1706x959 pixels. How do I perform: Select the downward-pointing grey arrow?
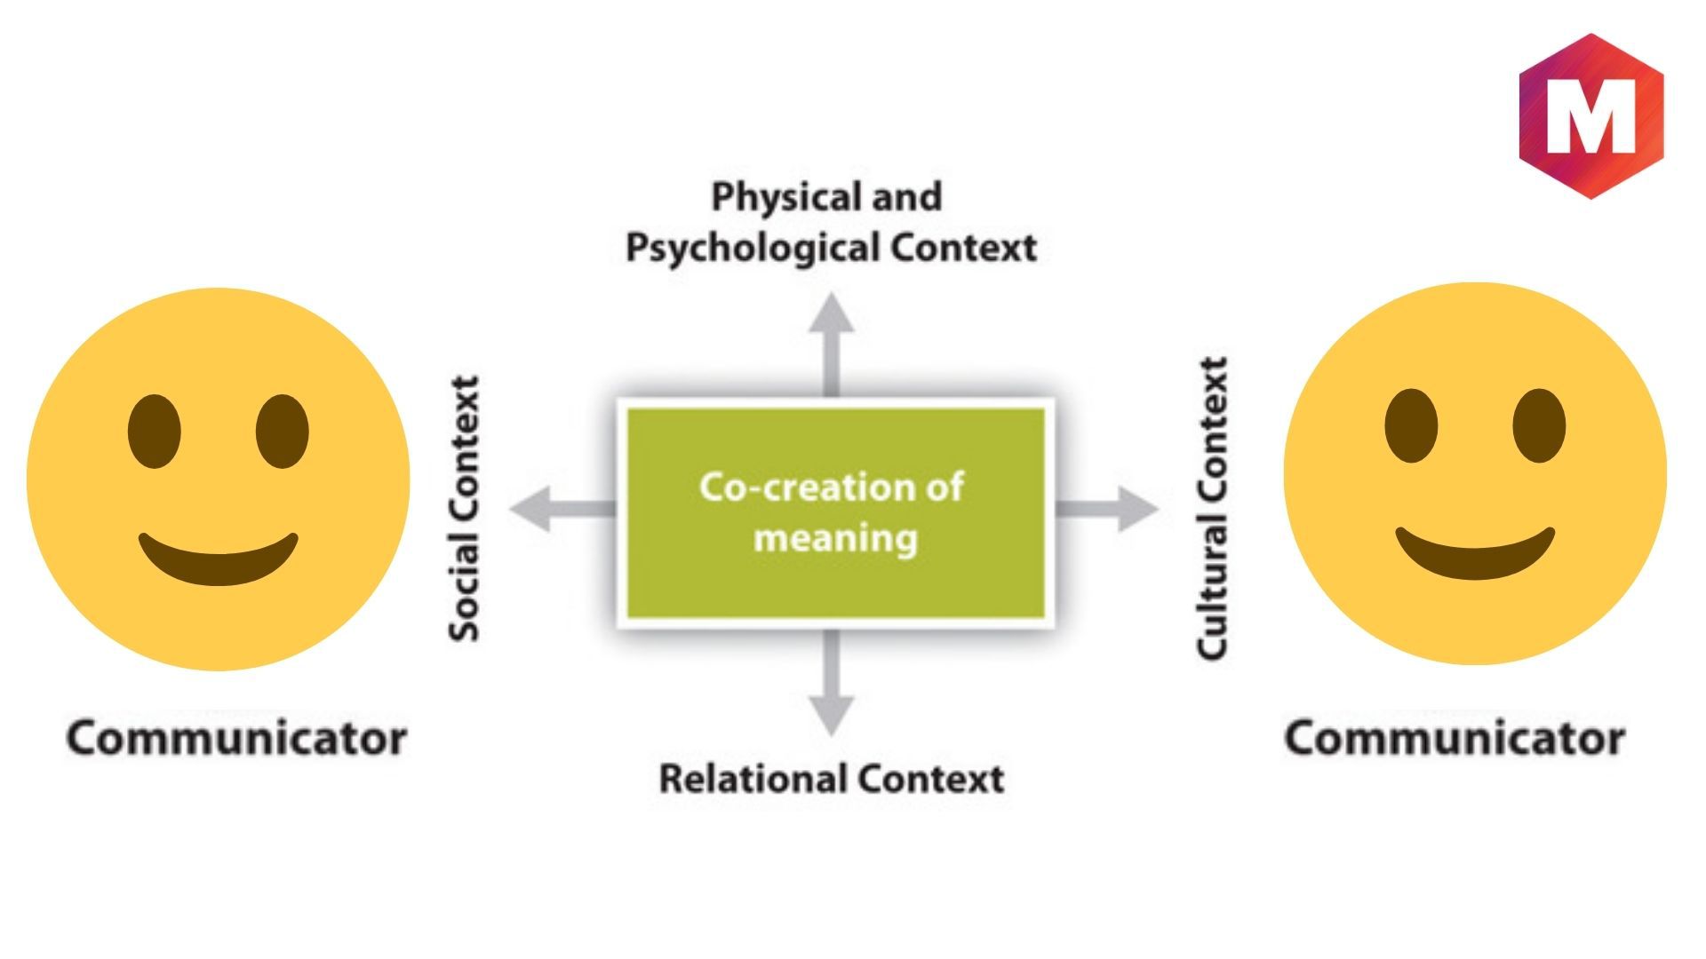[x=831, y=684]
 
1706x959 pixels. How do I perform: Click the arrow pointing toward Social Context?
[x=555, y=509]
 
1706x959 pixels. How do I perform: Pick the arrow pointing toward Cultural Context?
[x=1111, y=509]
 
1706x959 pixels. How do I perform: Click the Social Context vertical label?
[x=464, y=508]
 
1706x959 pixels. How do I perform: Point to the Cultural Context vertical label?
[x=1213, y=508]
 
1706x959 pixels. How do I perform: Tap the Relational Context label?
[x=831, y=779]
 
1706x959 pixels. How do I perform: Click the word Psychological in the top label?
[x=753, y=248]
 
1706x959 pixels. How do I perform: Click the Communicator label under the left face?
[x=236, y=739]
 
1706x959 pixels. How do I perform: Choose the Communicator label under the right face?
[x=1455, y=739]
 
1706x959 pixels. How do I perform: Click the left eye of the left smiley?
[x=154, y=432]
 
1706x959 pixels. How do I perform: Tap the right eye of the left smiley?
[x=282, y=432]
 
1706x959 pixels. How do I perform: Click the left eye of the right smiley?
[x=1410, y=425]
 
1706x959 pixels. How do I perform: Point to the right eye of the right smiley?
[x=1539, y=425]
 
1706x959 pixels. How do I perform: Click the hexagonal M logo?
[x=1590, y=115]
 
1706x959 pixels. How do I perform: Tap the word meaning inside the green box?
[x=835, y=538]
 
